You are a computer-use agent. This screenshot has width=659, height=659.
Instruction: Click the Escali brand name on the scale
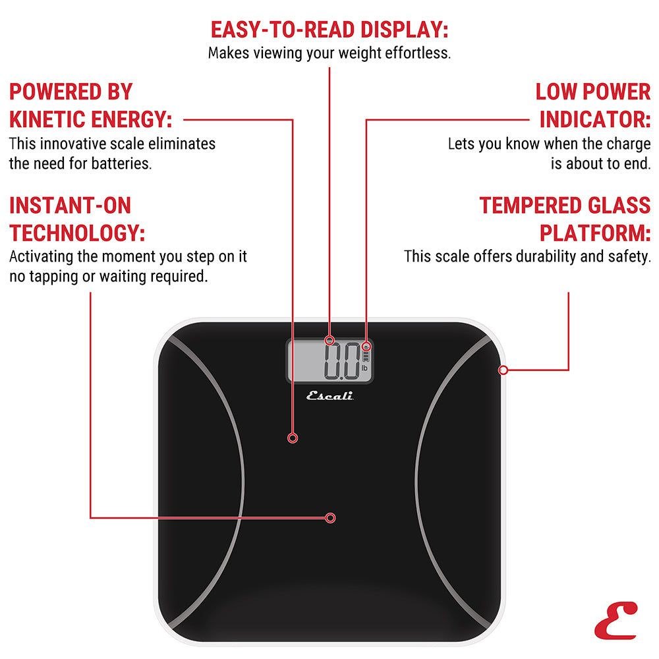pyautogui.click(x=330, y=396)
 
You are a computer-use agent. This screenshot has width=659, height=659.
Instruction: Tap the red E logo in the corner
pyautogui.click(x=616, y=623)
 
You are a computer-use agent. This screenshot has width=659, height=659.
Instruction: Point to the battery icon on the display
pyautogui.click(x=366, y=357)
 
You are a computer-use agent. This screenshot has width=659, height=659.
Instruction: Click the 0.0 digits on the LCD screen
pyautogui.click(x=341, y=361)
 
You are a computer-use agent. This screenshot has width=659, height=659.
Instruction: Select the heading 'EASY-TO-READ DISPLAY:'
pyautogui.click(x=329, y=30)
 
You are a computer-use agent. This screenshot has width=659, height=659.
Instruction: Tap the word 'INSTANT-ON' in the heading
pyautogui.click(x=70, y=206)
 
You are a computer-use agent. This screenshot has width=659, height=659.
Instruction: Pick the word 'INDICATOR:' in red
pyautogui.click(x=595, y=120)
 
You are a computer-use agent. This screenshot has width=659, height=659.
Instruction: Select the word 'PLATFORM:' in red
pyautogui.click(x=595, y=233)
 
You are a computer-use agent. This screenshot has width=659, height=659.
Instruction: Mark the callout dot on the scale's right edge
pyautogui.click(x=503, y=370)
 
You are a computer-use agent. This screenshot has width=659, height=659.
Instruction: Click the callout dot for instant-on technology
pyautogui.click(x=331, y=518)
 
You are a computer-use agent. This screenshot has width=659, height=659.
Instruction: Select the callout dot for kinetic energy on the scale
pyautogui.click(x=293, y=438)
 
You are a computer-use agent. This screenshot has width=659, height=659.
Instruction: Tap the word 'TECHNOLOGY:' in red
pyautogui.click(x=77, y=233)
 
